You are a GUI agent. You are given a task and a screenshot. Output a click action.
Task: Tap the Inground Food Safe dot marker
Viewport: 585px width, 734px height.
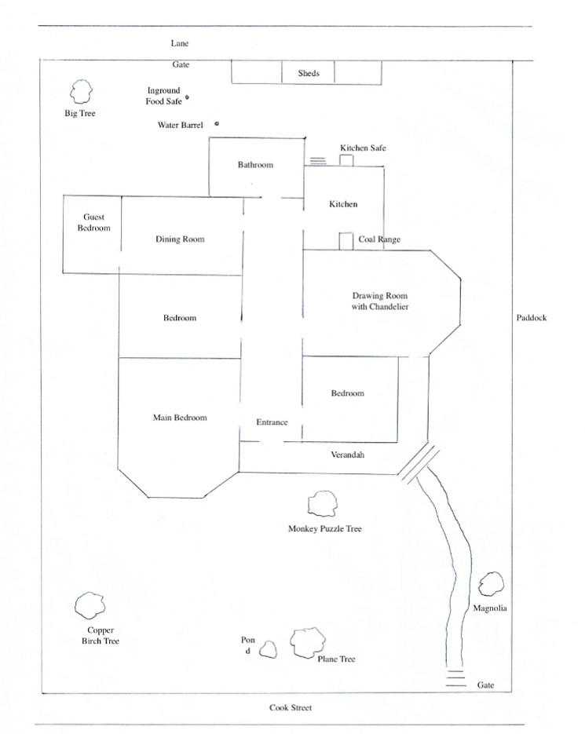[x=188, y=97]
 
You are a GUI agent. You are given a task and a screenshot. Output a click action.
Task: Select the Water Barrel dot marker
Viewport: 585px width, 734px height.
[x=217, y=123]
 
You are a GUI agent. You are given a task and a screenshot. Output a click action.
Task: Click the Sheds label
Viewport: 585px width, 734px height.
[x=309, y=73]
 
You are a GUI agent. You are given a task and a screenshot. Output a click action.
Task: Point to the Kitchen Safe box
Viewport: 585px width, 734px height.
[x=346, y=160]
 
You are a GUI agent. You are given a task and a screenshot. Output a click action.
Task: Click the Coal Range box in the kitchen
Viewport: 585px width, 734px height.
[x=346, y=241]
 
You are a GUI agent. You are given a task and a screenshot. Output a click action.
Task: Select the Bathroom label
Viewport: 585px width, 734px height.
[x=255, y=165]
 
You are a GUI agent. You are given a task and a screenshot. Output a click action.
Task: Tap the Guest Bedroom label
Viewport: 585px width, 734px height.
[x=93, y=222]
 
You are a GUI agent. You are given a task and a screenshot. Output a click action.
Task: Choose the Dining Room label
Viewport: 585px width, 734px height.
[x=180, y=239]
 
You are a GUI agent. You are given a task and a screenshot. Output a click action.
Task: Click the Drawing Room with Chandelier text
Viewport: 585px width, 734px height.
[x=380, y=301]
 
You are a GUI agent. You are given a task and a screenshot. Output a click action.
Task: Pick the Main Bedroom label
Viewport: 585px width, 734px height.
[x=180, y=418]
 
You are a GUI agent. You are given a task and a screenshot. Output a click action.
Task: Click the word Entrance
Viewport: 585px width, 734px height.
[x=272, y=422]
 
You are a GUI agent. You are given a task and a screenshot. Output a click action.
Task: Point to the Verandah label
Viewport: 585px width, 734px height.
[x=348, y=455]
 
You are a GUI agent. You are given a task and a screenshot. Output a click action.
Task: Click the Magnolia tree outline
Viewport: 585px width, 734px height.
[x=480, y=584]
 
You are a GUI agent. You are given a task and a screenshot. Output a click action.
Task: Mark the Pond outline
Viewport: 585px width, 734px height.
[x=261, y=650]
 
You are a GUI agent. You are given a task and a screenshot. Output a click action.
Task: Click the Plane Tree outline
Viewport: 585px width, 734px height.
[x=291, y=644]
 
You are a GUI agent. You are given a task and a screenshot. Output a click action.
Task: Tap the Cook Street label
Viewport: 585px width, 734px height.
[x=291, y=708]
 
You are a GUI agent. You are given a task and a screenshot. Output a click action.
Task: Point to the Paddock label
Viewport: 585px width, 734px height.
[x=532, y=318]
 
